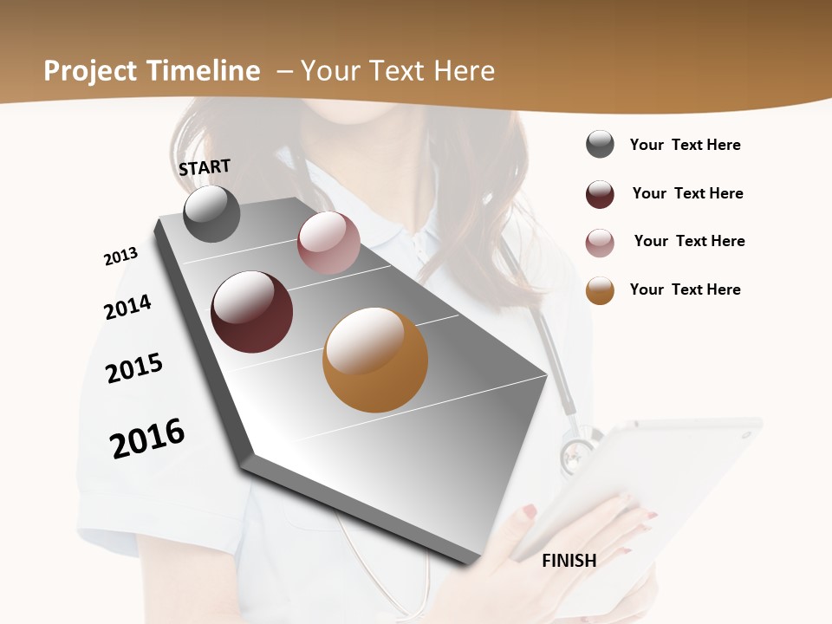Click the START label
205,167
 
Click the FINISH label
569,561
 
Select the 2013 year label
120,257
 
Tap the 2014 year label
127,308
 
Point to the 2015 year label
134,368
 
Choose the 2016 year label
147,438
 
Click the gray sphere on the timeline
211,213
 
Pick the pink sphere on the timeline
328,243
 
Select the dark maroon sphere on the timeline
252,312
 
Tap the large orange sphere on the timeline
375,360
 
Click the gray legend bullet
600,145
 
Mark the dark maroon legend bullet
600,193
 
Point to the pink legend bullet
600,242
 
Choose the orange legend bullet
600,290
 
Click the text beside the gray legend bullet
685,145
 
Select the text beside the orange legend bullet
685,289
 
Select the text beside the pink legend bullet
689,241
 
